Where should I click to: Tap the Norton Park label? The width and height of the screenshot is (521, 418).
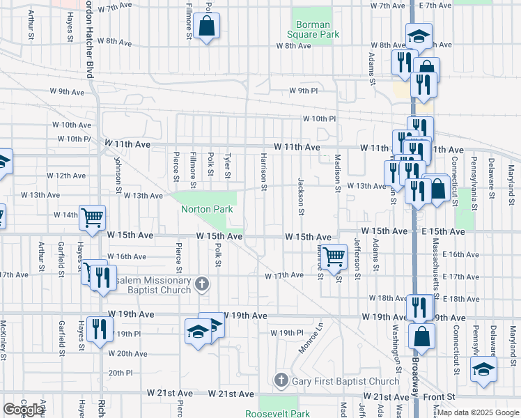[206, 209]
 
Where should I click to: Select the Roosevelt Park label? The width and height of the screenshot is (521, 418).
[277, 414]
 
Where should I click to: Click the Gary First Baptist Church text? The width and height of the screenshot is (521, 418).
[346, 381]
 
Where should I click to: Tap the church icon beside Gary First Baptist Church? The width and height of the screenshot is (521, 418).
[281, 380]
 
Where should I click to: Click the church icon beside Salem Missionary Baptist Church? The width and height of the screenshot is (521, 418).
[202, 283]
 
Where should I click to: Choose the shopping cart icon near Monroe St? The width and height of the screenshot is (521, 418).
[334, 256]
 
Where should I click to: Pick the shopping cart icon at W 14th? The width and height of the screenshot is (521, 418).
[92, 217]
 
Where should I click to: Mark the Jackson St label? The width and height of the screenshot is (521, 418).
[301, 196]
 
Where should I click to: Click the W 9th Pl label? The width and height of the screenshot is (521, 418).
[304, 91]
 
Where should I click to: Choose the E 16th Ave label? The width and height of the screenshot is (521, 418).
[461, 255]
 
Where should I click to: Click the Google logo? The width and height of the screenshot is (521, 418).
[24, 410]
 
